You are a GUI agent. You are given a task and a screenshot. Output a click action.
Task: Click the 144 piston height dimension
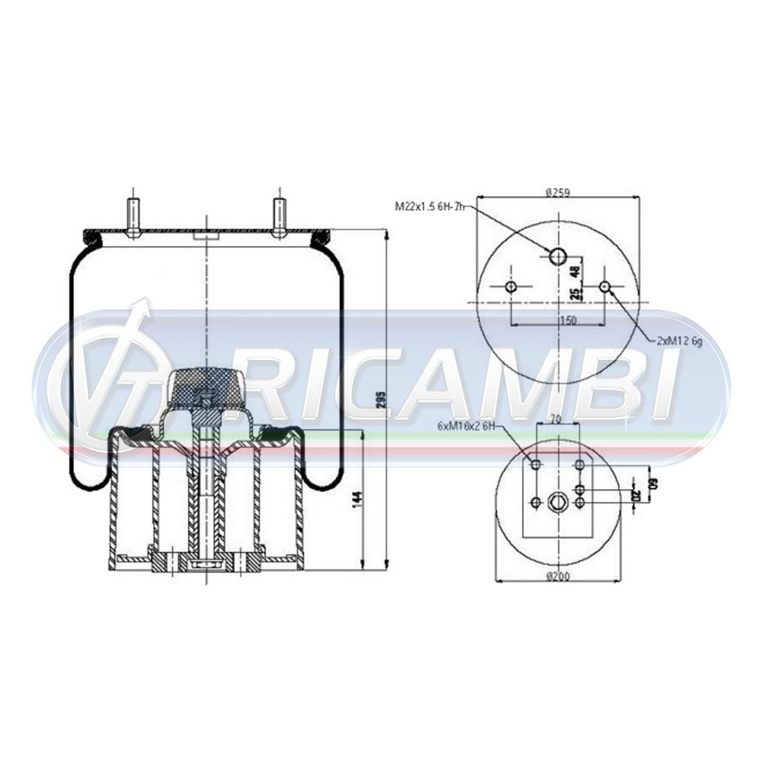pyautogui.click(x=357, y=500)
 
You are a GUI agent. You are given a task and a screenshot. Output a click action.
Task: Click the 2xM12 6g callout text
pyautogui.click(x=678, y=342)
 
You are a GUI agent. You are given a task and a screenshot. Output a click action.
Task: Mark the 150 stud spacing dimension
pyautogui.click(x=568, y=321)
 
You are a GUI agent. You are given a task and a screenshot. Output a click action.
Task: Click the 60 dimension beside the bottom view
pyautogui.click(x=653, y=485)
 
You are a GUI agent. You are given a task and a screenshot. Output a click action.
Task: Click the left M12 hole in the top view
pyautogui.click(x=510, y=287)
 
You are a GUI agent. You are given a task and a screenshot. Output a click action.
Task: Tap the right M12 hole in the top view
pyautogui.click(x=605, y=287)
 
